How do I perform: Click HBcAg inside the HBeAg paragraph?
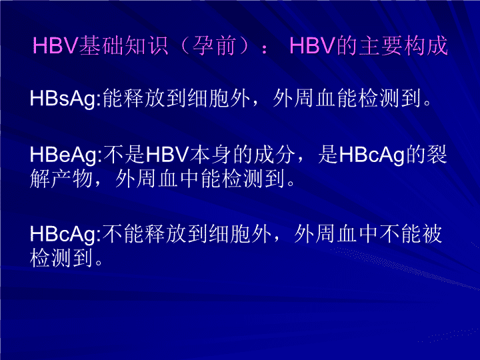pyautogui.click(x=372, y=155)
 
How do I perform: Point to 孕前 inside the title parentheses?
pyautogui.click(x=213, y=46)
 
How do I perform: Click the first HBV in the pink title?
pyautogui.click(x=56, y=46)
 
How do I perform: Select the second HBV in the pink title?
pyautogui.click(x=313, y=46)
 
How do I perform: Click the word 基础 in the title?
pyautogui.click(x=101, y=46)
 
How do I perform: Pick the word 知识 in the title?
pyautogui.click(x=146, y=46)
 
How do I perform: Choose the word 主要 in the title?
pyautogui.click(x=380, y=46)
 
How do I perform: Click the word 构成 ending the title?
pyautogui.click(x=426, y=46)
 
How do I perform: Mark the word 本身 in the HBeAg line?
pyautogui.click(x=210, y=155)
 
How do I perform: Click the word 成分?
pyautogui.click(x=274, y=155)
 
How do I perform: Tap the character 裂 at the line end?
pyautogui.click(x=437, y=154)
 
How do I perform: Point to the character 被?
pyautogui.click(x=432, y=234)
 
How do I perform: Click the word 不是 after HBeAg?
pyautogui.click(x=124, y=155)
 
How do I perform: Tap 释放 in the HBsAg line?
pyautogui.click(x=133, y=99)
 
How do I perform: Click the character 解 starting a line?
pyautogui.click(x=40, y=179)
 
